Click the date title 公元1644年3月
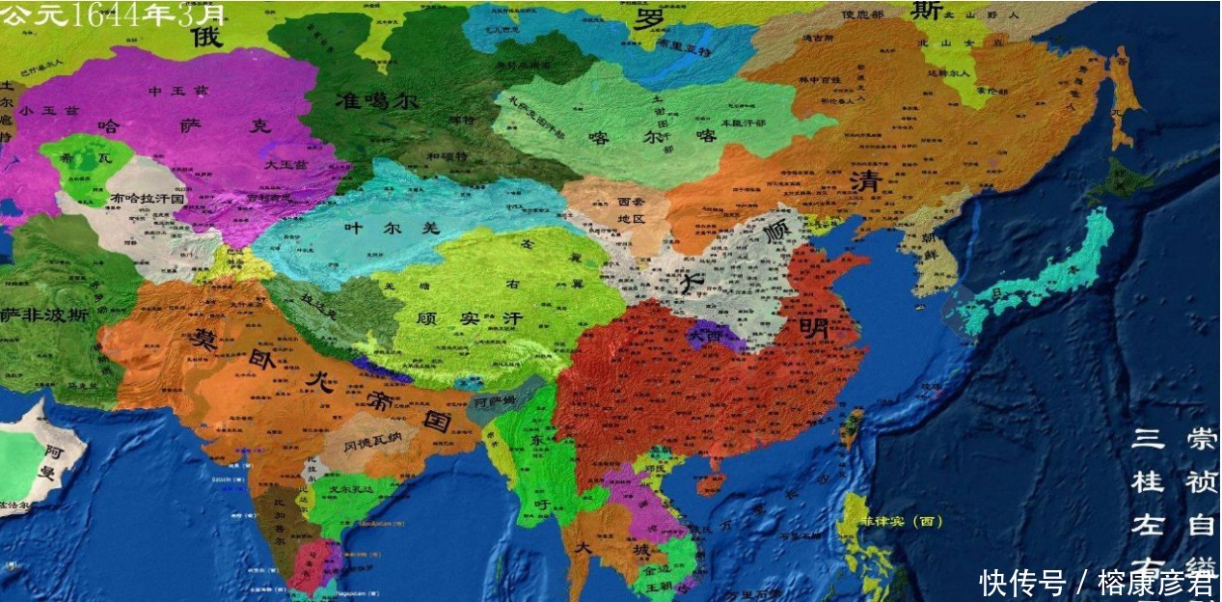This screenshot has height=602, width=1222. tap(114, 14)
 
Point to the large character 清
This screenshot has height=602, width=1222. tap(861, 183)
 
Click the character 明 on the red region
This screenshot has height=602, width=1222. tap(812, 328)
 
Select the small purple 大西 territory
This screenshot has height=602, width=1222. tap(712, 336)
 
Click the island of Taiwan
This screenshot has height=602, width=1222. tap(854, 424)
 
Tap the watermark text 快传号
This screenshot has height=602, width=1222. tap(1022, 582)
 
